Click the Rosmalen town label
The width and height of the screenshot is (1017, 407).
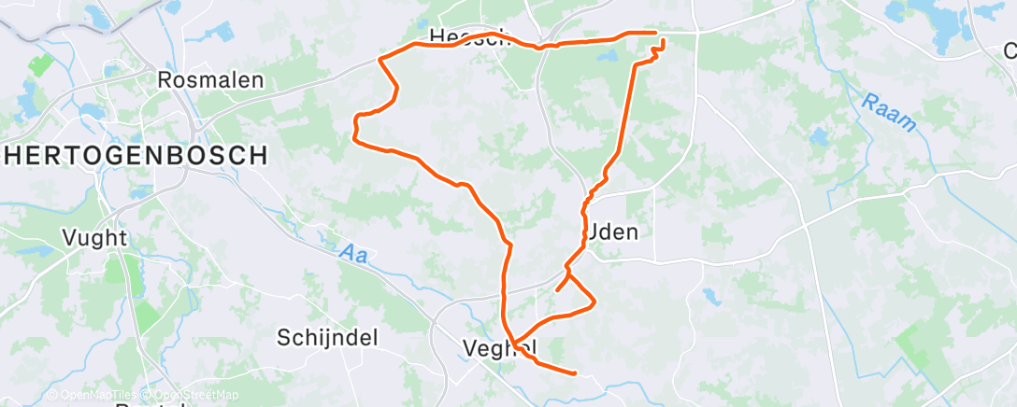210,80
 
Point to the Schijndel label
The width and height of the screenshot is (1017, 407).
327,338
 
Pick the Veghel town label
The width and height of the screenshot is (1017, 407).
499,348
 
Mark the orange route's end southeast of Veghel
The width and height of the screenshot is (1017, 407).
573,373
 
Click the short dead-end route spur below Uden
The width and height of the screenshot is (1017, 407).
558,290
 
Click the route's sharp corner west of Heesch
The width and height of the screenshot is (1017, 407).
380,59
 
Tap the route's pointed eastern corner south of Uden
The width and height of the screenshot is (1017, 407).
594,301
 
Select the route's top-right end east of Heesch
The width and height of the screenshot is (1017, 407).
656,34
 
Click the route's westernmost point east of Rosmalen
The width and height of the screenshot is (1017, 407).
353,137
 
